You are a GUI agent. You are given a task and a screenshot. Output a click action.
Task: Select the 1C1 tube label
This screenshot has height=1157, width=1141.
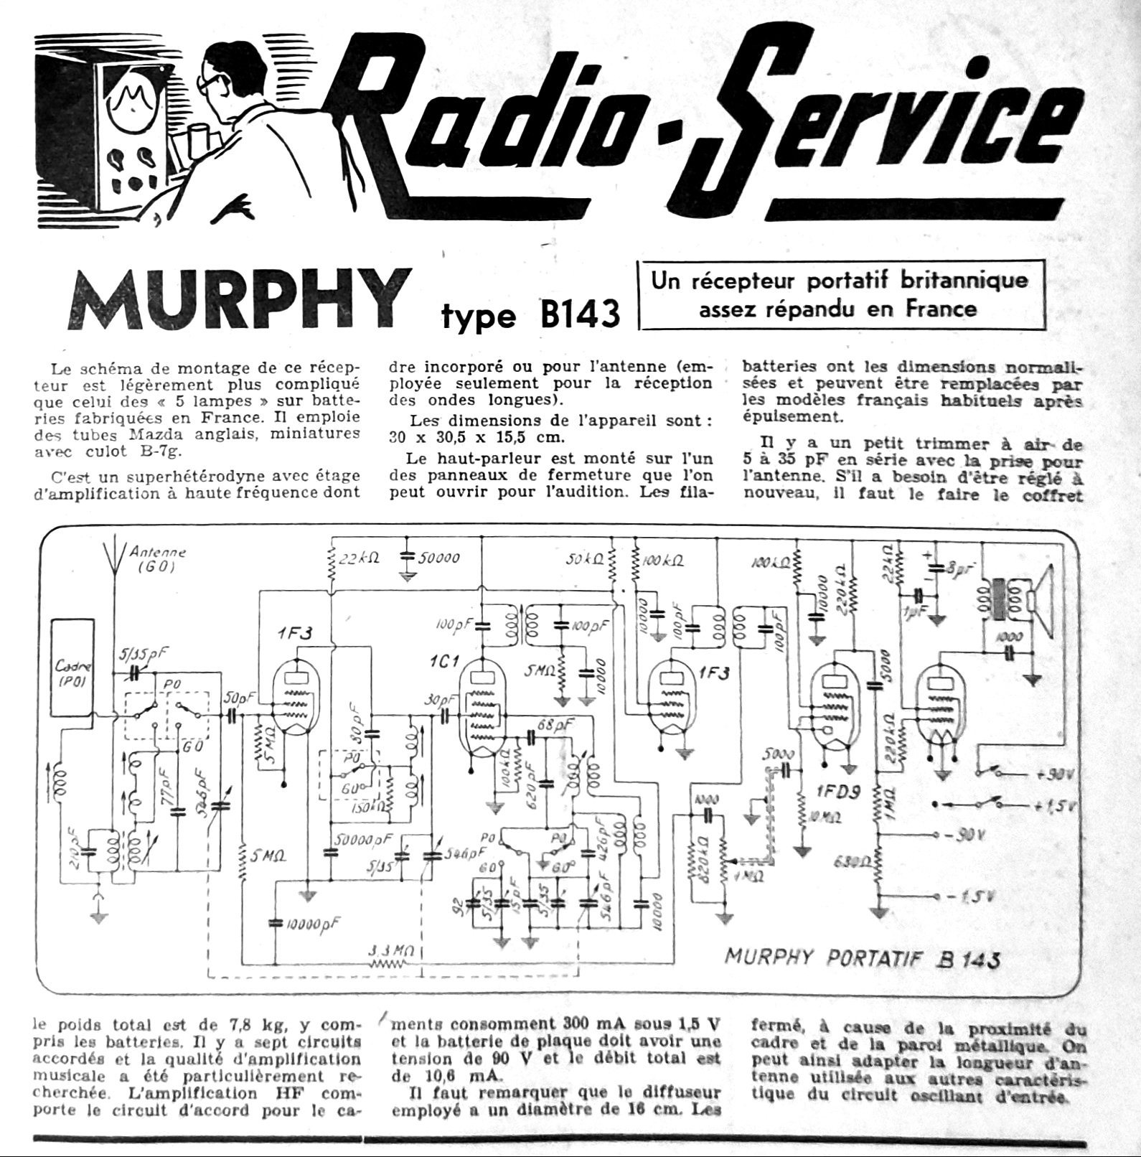(444, 661)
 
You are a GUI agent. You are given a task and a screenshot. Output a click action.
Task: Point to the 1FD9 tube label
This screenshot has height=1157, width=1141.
(840, 792)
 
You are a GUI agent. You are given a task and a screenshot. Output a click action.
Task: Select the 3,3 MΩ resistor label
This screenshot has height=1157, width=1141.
(391, 951)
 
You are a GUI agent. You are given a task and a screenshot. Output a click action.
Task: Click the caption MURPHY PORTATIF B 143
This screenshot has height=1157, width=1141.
(861, 958)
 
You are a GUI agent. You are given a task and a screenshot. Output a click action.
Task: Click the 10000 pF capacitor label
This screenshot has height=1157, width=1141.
(313, 924)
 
